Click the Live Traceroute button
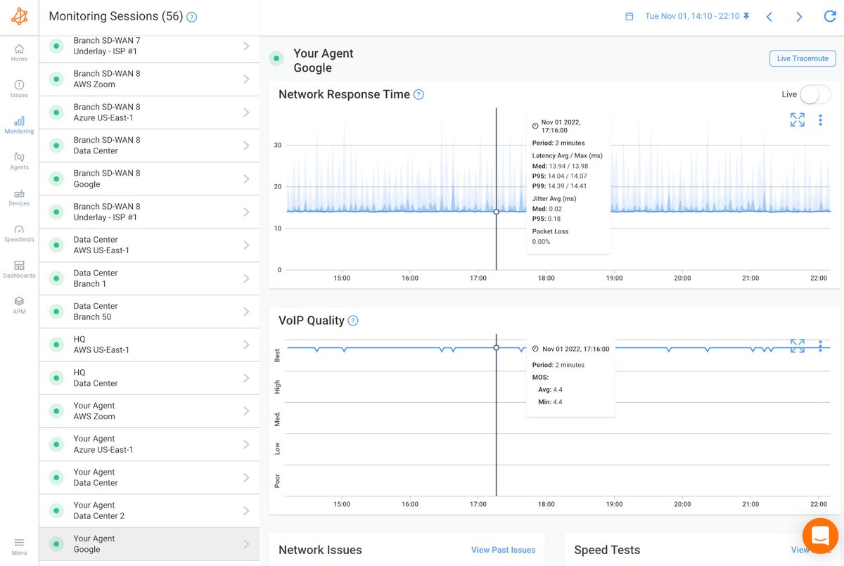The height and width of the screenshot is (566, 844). click(803, 58)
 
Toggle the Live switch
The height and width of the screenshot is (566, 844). click(814, 94)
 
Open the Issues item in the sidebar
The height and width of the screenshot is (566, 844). click(19, 89)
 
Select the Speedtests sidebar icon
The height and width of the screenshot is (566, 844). click(19, 233)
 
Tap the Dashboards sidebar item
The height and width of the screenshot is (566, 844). click(19, 269)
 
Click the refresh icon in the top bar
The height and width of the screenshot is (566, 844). click(830, 16)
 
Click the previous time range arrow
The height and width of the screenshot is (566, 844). click(769, 16)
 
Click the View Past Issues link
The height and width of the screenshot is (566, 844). click(503, 550)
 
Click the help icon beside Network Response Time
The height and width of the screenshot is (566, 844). click(418, 94)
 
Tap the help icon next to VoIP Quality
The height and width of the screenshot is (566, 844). click(353, 321)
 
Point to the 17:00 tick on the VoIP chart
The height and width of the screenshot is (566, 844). click(478, 504)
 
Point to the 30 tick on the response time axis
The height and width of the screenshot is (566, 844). click(278, 146)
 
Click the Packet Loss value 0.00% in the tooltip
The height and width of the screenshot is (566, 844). click(542, 242)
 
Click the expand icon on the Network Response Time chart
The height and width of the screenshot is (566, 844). click(797, 120)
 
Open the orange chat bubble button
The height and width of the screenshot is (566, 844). click(820, 536)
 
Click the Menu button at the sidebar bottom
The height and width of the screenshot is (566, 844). click(19, 546)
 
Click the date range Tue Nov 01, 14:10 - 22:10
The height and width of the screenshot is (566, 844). click(691, 16)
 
